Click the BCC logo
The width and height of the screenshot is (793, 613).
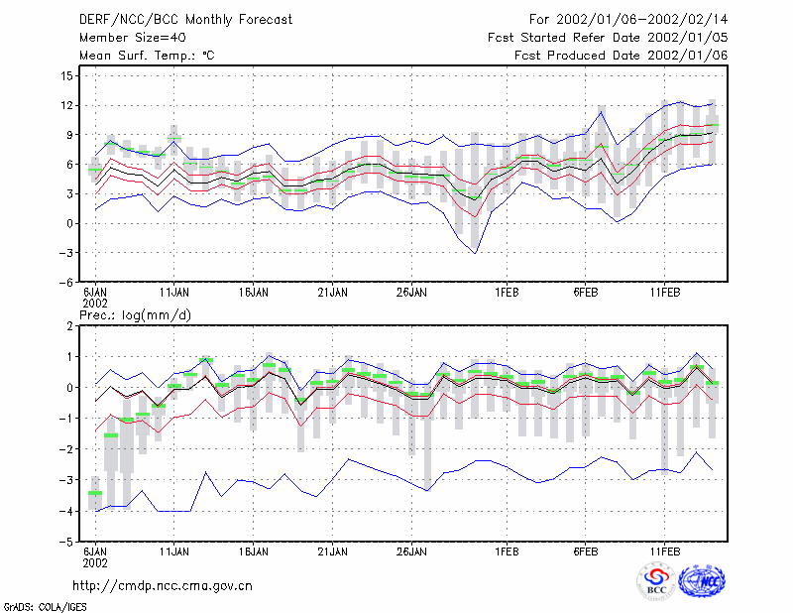pyautogui.click(x=656, y=581)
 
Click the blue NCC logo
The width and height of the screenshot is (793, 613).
pyautogui.click(x=702, y=581)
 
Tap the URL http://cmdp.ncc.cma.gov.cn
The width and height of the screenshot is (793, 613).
pyautogui.click(x=163, y=586)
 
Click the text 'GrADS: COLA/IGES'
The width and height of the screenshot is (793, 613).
pyautogui.click(x=45, y=607)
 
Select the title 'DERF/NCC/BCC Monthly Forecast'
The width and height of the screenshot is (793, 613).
pyautogui.click(x=185, y=20)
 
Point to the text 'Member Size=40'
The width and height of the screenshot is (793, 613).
pyautogui.click(x=133, y=38)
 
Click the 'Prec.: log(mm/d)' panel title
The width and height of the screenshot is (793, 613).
pyautogui.click(x=135, y=315)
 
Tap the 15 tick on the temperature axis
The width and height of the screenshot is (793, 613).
pyautogui.click(x=66, y=76)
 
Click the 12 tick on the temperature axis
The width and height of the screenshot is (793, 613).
pyautogui.click(x=66, y=105)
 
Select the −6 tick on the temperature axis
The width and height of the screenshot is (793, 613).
pyautogui.click(x=65, y=282)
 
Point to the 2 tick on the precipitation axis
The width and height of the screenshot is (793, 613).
pyautogui.click(x=69, y=326)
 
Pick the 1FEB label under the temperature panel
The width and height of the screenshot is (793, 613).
pyautogui.click(x=507, y=293)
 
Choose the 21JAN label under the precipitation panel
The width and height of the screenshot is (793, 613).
pyautogui.click(x=332, y=552)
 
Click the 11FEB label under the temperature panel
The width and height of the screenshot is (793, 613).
pyautogui.click(x=664, y=293)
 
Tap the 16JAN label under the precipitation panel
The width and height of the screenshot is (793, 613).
pyautogui.click(x=254, y=552)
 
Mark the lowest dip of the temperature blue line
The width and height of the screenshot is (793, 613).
pyautogui.click(x=475, y=253)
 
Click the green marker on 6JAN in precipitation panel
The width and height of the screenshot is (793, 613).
pyautogui.click(x=95, y=493)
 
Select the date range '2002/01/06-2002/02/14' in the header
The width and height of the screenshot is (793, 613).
pyautogui.click(x=641, y=20)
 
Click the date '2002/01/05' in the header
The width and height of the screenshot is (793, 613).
pyautogui.click(x=687, y=38)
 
